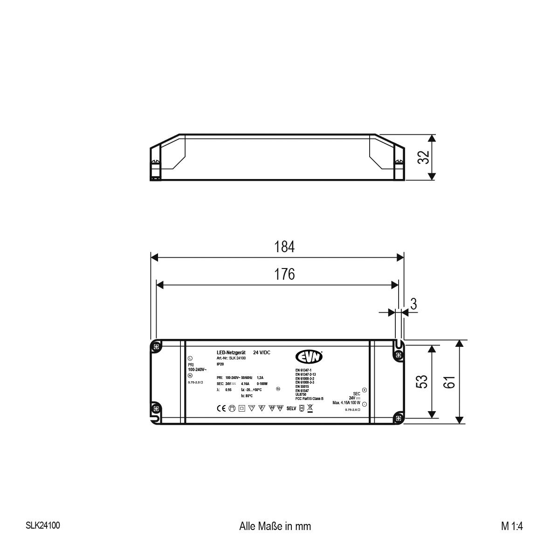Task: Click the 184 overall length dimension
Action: pos(284,247)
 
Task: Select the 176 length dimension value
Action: pos(284,274)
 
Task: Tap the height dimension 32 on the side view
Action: pos(423,158)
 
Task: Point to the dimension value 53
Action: pos(421,382)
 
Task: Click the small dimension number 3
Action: pos(413,304)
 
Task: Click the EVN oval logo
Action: pos(309,356)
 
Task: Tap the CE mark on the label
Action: pos(221,408)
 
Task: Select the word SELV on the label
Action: pos(291,409)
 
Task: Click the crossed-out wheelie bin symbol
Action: pos(310,409)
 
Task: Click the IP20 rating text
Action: pos(220,364)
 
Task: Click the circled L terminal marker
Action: pos(190,358)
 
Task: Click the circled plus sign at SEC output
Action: pos(364,390)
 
